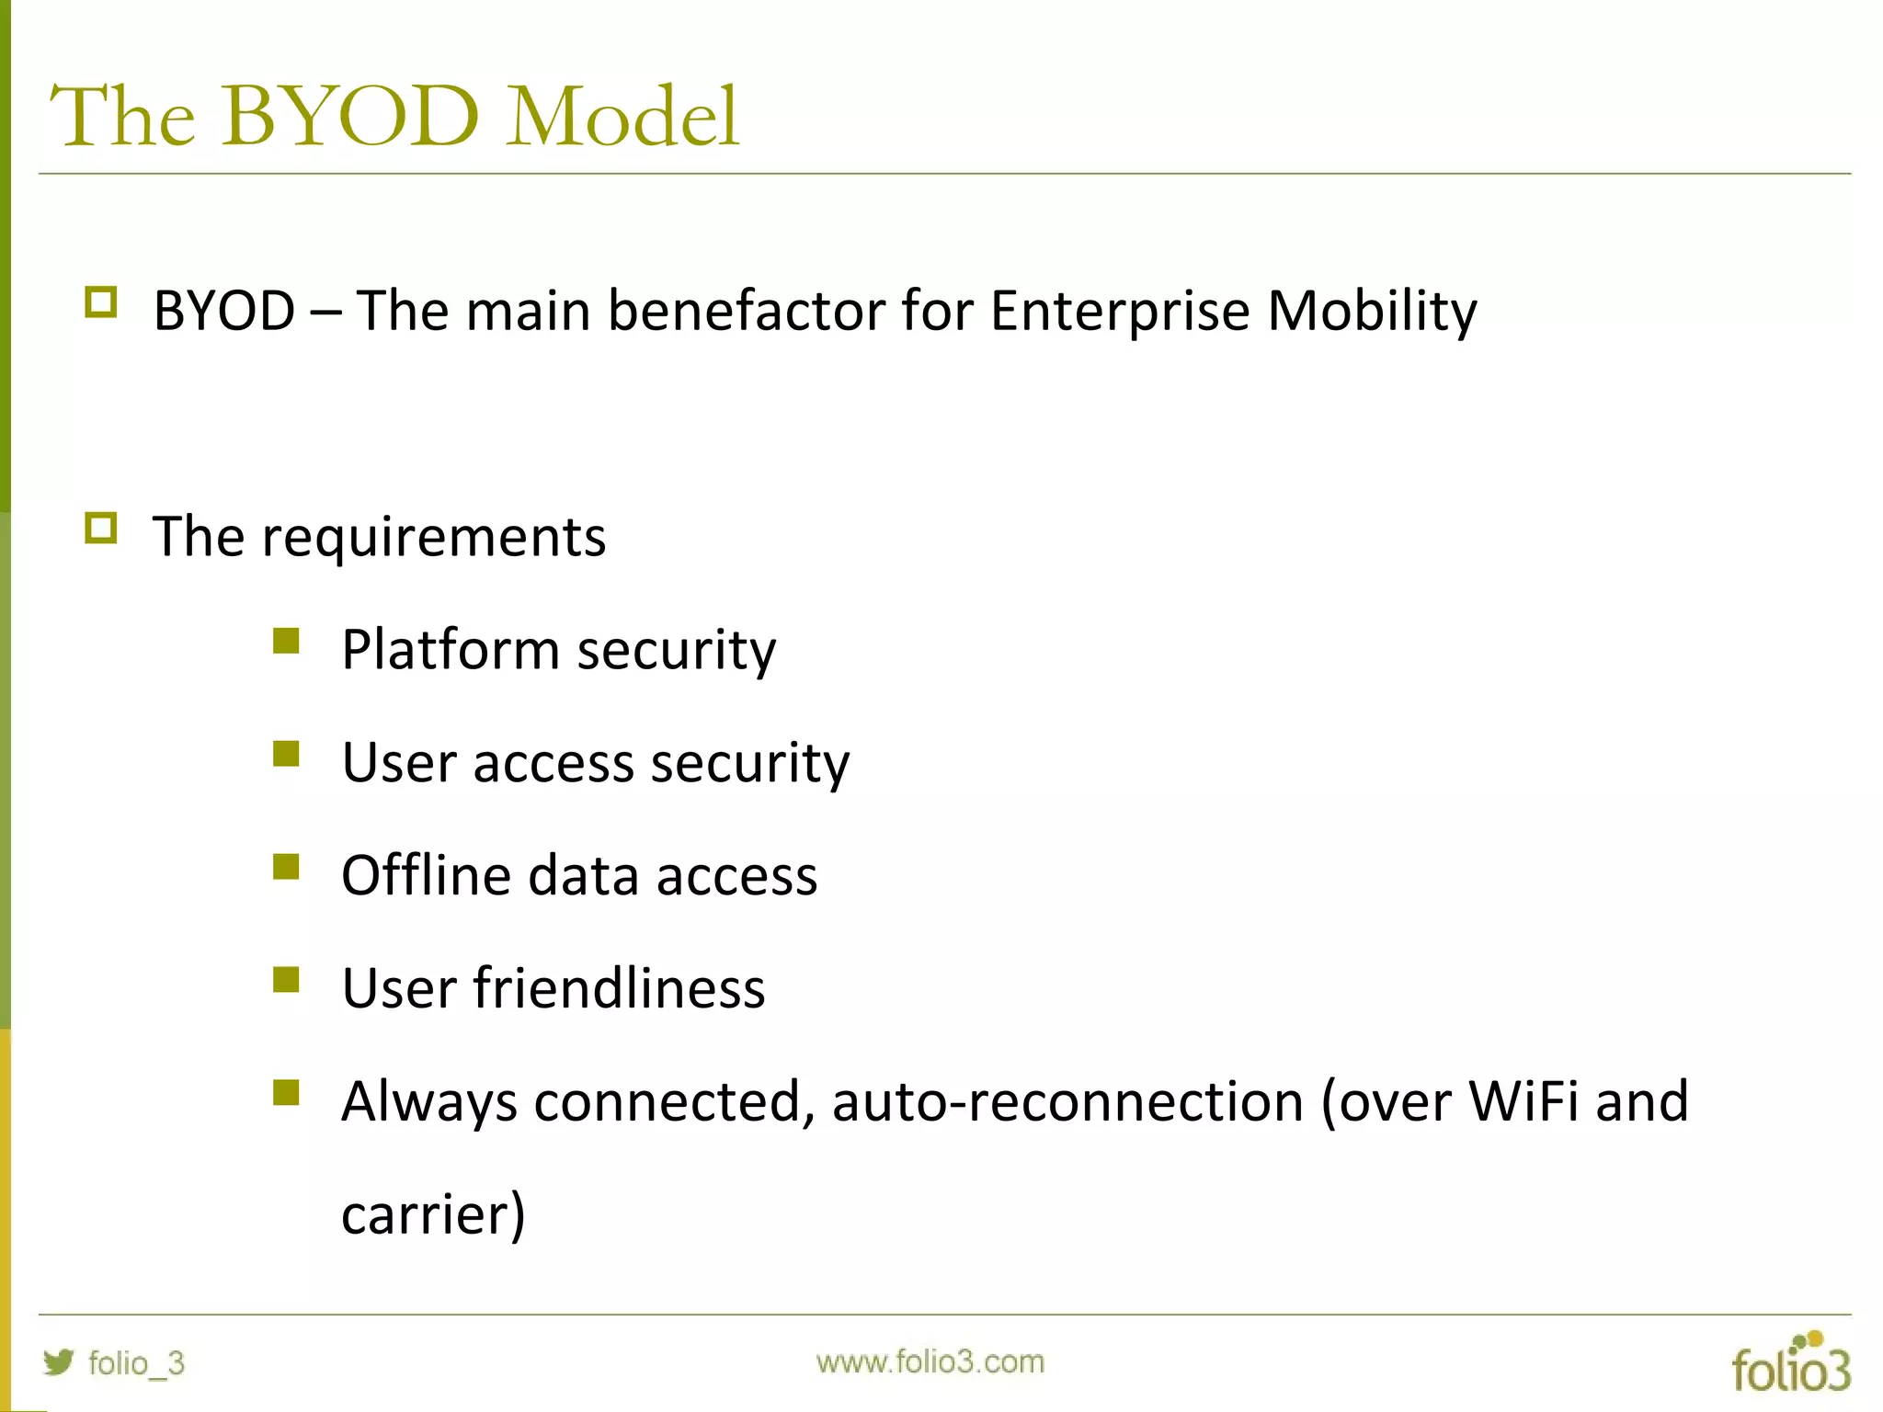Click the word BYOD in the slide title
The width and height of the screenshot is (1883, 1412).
349,117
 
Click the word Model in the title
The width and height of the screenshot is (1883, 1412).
622,117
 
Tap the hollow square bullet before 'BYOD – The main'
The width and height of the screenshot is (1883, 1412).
101,302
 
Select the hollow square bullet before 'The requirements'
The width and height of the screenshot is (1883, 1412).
101,529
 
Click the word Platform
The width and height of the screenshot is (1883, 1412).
451,651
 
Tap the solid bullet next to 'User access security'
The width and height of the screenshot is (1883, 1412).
287,754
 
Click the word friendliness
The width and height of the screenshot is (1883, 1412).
619,989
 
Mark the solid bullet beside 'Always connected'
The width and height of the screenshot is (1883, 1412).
287,1093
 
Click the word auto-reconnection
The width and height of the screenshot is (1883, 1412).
1067,1101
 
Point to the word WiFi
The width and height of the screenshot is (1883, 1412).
1524,1101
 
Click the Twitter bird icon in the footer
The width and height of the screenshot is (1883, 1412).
59,1361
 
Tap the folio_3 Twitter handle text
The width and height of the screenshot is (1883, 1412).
136,1363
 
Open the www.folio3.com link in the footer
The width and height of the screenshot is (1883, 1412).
930,1361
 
